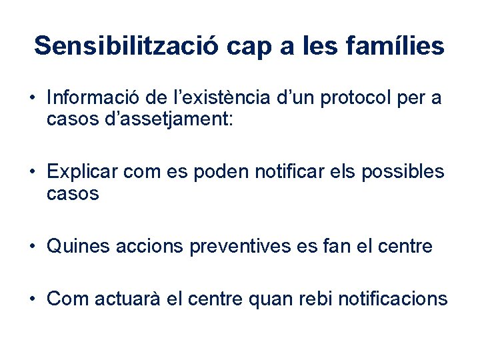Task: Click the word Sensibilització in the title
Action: coord(126,46)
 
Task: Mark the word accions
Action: coord(150,247)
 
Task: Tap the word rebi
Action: coord(314,299)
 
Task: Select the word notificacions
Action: coord(393,299)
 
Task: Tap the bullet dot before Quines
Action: coord(33,247)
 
